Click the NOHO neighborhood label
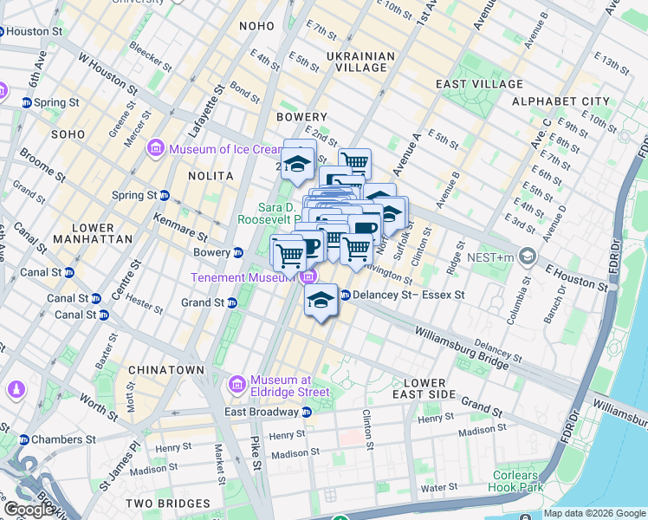[257, 26]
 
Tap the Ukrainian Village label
[360, 62]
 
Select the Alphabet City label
[561, 101]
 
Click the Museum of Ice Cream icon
[157, 149]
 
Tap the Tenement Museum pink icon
[308, 277]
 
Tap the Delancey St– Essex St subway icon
[345, 295]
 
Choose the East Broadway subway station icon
[306, 412]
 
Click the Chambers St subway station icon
[24, 439]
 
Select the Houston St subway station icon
[3, 31]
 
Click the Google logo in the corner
[29, 510]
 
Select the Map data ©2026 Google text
[593, 513]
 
